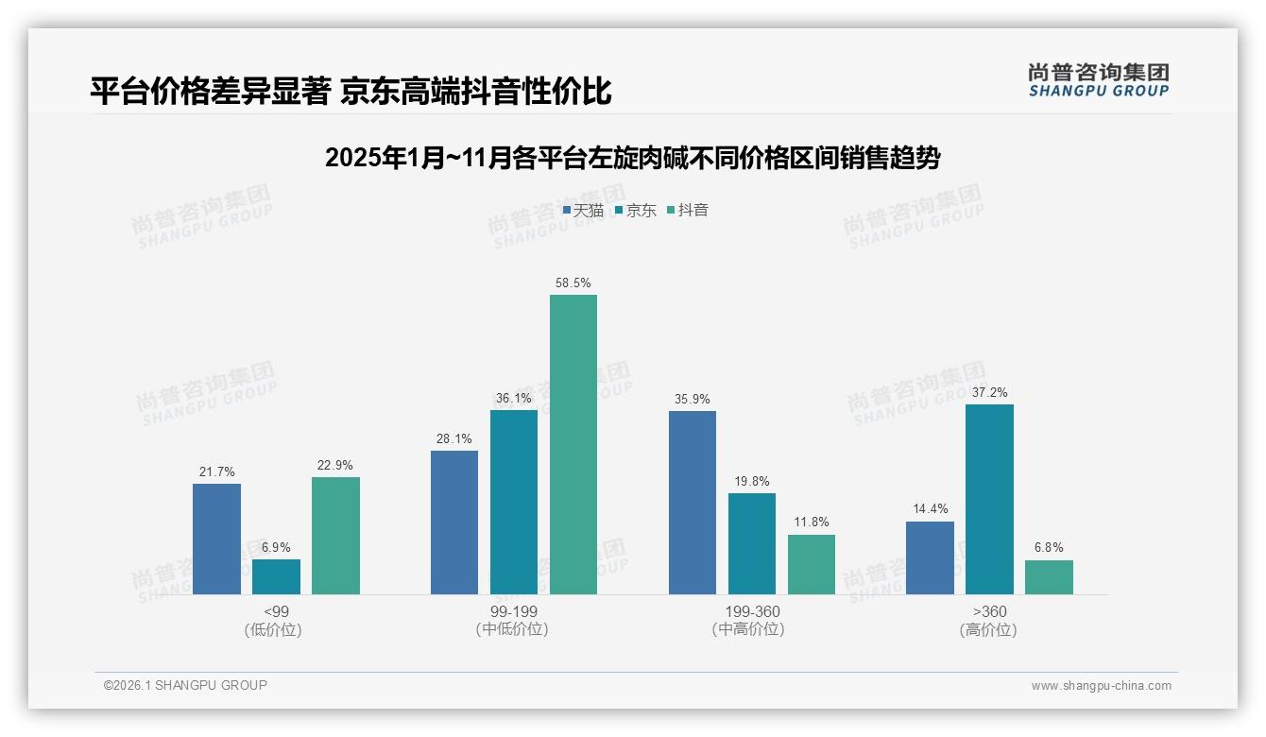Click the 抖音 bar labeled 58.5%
coord(573,444)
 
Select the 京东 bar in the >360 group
coord(989,499)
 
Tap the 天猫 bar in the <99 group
coord(216,539)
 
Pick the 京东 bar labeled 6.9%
coord(276,576)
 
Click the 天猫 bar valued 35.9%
coord(693,502)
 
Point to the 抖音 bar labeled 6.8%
coord(1049,576)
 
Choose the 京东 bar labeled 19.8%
coord(752,543)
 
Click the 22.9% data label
coord(335,465)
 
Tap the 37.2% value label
coord(989,392)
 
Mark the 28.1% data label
coord(454,438)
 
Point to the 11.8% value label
coord(812,523)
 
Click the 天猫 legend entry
coord(583,210)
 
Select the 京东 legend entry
coord(636,210)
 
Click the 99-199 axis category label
coord(513,611)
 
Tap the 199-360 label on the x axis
coord(752,611)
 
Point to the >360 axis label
coord(989,611)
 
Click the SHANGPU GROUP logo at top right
coord(1098,80)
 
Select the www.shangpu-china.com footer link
coord(1101,686)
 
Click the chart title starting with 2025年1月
coord(632,158)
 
